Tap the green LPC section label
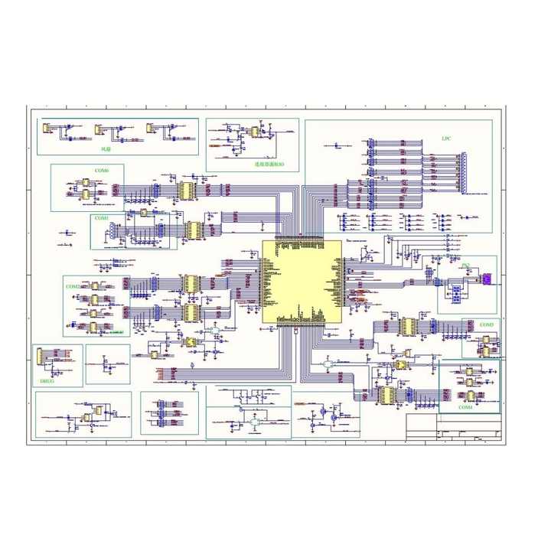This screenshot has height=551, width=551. tap(447, 139)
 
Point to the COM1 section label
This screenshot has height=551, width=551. tap(101, 218)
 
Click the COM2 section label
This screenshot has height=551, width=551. tap(73, 286)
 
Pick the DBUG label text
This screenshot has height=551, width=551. tap(46, 379)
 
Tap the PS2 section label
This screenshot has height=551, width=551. tap(465, 264)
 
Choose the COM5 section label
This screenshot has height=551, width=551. tap(486, 325)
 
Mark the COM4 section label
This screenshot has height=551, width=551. tap(465, 408)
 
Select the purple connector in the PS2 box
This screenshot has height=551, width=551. tap(486, 280)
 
